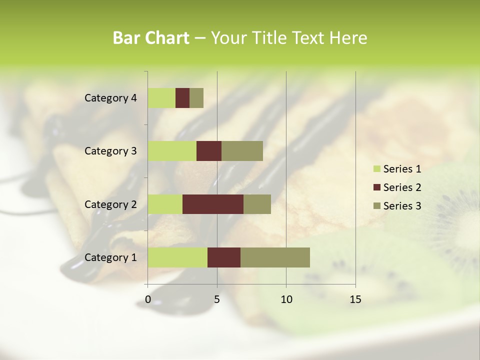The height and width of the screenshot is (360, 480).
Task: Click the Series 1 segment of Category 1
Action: coord(177,257)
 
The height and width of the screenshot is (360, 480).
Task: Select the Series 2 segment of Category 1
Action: coord(224,257)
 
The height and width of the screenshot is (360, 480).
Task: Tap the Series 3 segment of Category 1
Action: coord(275,257)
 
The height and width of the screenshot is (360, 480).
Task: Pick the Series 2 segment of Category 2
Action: coord(213,204)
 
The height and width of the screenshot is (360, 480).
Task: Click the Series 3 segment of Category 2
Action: coord(257,204)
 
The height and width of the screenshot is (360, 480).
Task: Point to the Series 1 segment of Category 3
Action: coord(172,151)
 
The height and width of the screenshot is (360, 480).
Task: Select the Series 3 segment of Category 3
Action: coord(242,151)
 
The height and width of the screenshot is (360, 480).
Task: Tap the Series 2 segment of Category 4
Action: coord(182,98)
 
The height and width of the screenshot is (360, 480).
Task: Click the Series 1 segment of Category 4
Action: coord(161,98)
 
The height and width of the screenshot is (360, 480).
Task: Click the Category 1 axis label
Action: coord(110,257)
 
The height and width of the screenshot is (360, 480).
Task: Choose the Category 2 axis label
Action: coord(110,204)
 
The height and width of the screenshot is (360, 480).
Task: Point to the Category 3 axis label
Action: coord(110,151)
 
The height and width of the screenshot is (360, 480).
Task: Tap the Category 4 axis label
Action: coord(110,98)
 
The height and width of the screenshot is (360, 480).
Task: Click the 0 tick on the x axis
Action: coord(148,299)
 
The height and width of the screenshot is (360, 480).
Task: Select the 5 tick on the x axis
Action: coord(217,299)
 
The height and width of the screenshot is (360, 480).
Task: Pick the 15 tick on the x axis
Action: coord(355,299)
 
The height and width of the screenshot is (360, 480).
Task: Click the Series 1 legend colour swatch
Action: coord(376,169)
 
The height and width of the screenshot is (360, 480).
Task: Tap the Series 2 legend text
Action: coord(402,187)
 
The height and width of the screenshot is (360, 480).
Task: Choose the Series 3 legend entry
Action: coord(397,205)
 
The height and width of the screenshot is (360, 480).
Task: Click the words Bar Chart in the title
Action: coord(151,38)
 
